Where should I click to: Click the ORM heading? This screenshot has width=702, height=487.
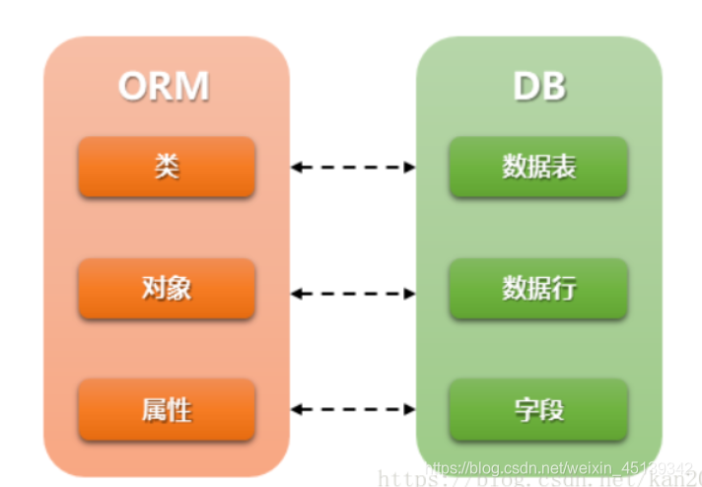(164, 87)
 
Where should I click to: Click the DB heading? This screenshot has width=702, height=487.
(539, 87)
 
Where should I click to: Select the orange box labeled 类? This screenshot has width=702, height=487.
(167, 167)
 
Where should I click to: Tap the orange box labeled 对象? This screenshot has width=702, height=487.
(167, 288)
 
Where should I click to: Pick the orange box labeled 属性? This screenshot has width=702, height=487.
(167, 408)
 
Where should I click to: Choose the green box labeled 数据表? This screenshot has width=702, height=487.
(538, 167)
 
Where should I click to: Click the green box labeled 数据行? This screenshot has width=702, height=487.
(538, 288)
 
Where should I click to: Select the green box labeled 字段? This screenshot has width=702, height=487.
(538, 408)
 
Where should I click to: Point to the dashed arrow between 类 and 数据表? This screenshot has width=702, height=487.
(353, 168)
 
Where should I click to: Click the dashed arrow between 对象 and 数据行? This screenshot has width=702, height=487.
(353, 293)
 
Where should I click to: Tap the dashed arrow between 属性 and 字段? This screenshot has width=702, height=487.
(353, 409)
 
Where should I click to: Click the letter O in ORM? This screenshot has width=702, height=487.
(134, 87)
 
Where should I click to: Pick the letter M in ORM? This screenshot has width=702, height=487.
(192, 87)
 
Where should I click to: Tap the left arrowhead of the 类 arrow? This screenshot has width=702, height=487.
(297, 168)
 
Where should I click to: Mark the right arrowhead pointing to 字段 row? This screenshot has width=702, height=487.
(409, 409)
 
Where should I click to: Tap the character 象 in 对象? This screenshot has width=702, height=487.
(179, 288)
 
